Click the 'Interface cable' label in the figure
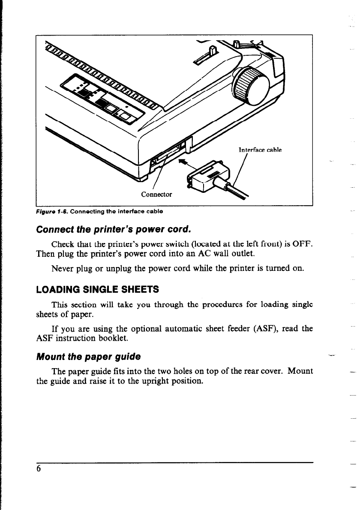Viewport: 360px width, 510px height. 259,150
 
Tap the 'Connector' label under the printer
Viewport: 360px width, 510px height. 156,194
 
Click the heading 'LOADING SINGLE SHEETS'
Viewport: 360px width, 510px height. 98,289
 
